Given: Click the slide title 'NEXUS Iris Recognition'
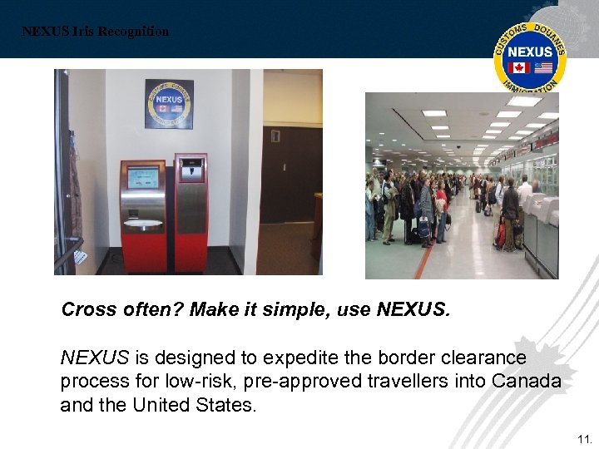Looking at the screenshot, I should point(95,32).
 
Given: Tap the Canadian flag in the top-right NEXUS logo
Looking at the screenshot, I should point(520,68).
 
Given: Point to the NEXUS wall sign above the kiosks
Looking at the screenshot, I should point(169,104).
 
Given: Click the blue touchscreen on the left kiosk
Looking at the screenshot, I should point(142,177).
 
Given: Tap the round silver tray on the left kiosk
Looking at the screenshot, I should point(142,224).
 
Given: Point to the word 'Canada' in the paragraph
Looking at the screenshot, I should point(527,382).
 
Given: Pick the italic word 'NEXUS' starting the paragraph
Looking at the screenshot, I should point(95,358).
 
